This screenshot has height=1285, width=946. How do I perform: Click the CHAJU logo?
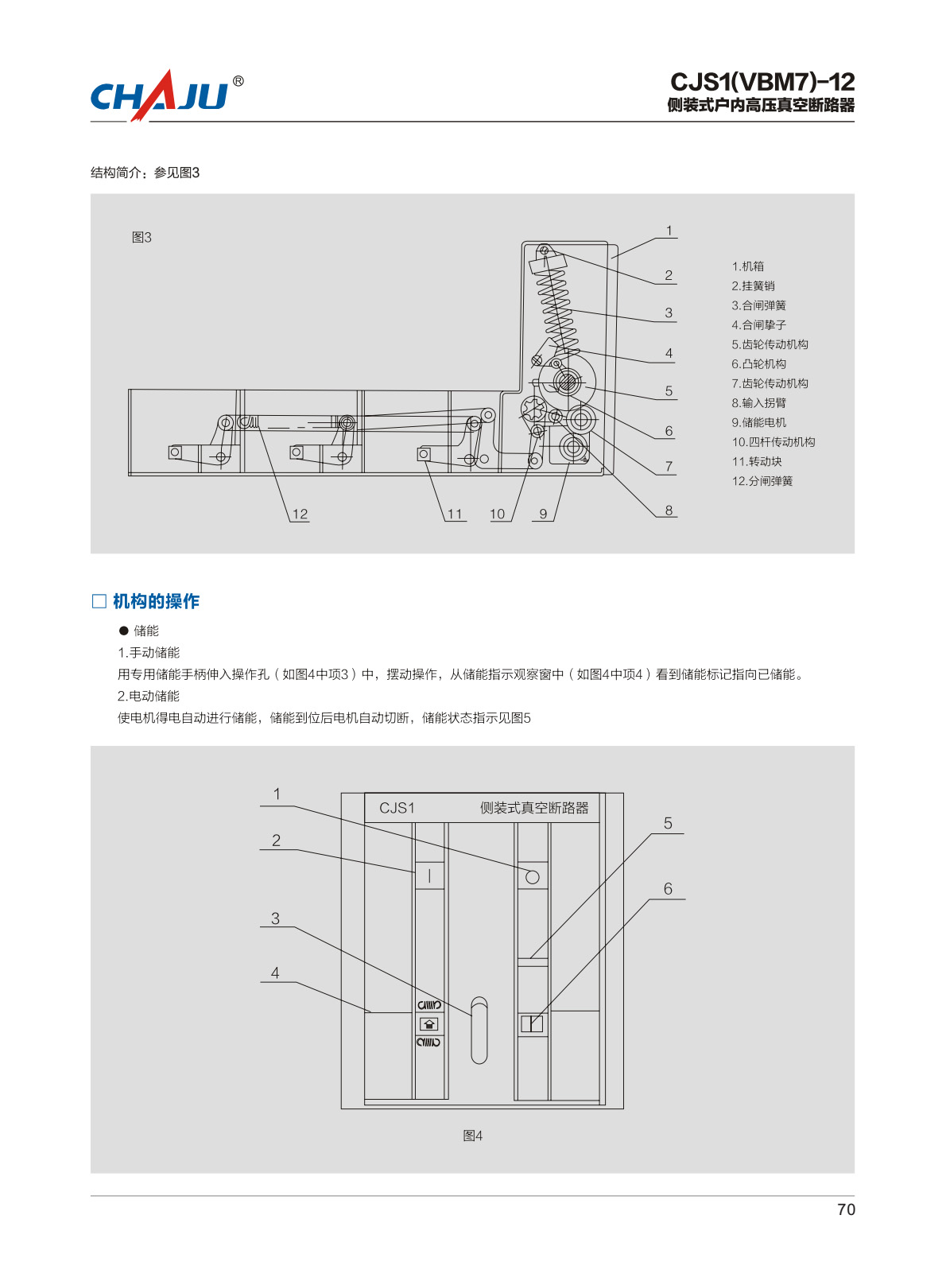click(x=167, y=95)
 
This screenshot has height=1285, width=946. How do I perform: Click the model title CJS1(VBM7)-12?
click(x=762, y=82)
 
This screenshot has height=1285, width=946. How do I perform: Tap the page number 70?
click(x=846, y=1209)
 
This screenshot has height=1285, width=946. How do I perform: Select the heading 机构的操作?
click(x=156, y=601)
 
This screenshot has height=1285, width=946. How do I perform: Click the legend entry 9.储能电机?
click(x=758, y=422)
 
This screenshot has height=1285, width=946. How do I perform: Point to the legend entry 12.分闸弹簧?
click(x=762, y=481)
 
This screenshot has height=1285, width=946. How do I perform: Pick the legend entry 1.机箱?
click(x=747, y=266)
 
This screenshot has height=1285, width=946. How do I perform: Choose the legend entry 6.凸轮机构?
click(x=758, y=364)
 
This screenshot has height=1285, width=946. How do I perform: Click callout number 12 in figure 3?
click(x=300, y=514)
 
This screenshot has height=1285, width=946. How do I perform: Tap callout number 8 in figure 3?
click(x=669, y=510)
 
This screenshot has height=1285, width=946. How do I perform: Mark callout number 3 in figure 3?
click(x=669, y=313)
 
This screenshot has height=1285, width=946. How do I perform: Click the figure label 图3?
click(x=142, y=237)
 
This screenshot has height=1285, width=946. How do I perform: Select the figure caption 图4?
click(x=473, y=1136)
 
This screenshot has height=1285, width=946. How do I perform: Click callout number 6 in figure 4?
click(x=668, y=888)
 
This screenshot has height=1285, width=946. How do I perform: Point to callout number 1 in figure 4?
click(x=277, y=794)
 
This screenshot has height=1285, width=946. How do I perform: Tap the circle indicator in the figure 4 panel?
click(x=533, y=877)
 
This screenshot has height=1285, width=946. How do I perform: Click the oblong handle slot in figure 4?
click(x=479, y=1030)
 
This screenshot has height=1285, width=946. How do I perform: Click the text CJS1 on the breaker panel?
click(x=397, y=808)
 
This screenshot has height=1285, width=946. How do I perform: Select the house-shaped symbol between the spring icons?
click(x=429, y=1024)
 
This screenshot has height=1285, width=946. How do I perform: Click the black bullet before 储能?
click(x=123, y=631)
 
